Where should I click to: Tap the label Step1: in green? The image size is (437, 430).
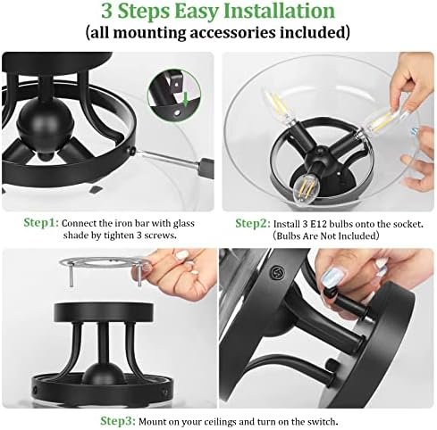41,223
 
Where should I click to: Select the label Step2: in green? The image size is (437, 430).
253,223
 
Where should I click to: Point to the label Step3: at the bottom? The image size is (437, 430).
118,421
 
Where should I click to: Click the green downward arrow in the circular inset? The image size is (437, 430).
186,99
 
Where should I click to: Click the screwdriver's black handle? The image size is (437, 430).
207,168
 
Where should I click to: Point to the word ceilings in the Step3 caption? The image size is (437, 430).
217,422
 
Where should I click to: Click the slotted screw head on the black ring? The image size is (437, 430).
277,272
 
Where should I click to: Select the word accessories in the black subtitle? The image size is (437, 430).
232,32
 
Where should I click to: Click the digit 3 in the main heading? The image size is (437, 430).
106,12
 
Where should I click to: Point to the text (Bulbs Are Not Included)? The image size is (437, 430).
325,236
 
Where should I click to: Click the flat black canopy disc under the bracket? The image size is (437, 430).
104,312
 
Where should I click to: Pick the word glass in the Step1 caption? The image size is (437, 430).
184,224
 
